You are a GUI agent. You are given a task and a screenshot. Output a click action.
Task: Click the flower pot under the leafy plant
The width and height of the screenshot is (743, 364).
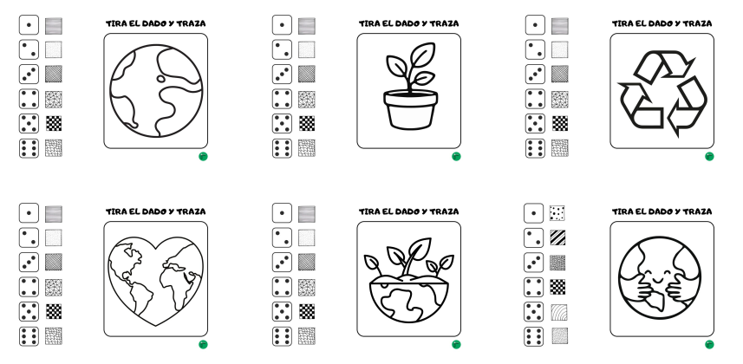click(x=410, y=110)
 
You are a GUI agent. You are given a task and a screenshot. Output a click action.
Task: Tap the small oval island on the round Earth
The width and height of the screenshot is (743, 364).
click(x=161, y=79)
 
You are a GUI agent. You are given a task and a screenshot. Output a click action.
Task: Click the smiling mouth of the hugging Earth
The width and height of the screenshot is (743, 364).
click(x=657, y=280)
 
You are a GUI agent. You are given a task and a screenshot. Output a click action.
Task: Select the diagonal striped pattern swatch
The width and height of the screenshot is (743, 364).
click(x=557, y=237)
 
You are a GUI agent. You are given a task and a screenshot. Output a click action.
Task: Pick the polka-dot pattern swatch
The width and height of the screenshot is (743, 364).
click(x=557, y=213)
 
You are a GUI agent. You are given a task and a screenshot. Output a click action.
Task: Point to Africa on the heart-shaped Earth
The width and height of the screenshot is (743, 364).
click(x=176, y=281)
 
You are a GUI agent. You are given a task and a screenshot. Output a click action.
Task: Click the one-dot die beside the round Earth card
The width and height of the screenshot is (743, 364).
click(x=29, y=25)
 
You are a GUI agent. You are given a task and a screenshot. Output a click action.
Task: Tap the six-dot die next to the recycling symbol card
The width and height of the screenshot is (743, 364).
click(x=535, y=148)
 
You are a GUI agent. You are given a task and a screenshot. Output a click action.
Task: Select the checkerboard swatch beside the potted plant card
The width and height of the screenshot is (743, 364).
click(x=307, y=123)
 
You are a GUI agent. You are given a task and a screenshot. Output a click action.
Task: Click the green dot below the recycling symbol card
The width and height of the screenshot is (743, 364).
click(x=709, y=156)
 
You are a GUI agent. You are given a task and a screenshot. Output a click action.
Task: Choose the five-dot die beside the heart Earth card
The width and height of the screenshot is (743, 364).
click(x=29, y=311)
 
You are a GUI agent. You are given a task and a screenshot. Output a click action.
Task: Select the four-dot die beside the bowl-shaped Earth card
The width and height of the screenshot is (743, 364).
click(x=282, y=287)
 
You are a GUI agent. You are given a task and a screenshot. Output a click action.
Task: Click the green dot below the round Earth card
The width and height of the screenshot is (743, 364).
click(x=203, y=156)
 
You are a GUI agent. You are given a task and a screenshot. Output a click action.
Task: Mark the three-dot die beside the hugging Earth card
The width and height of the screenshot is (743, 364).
click(x=533, y=262)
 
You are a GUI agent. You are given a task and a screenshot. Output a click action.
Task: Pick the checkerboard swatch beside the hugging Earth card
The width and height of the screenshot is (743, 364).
click(x=557, y=286)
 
